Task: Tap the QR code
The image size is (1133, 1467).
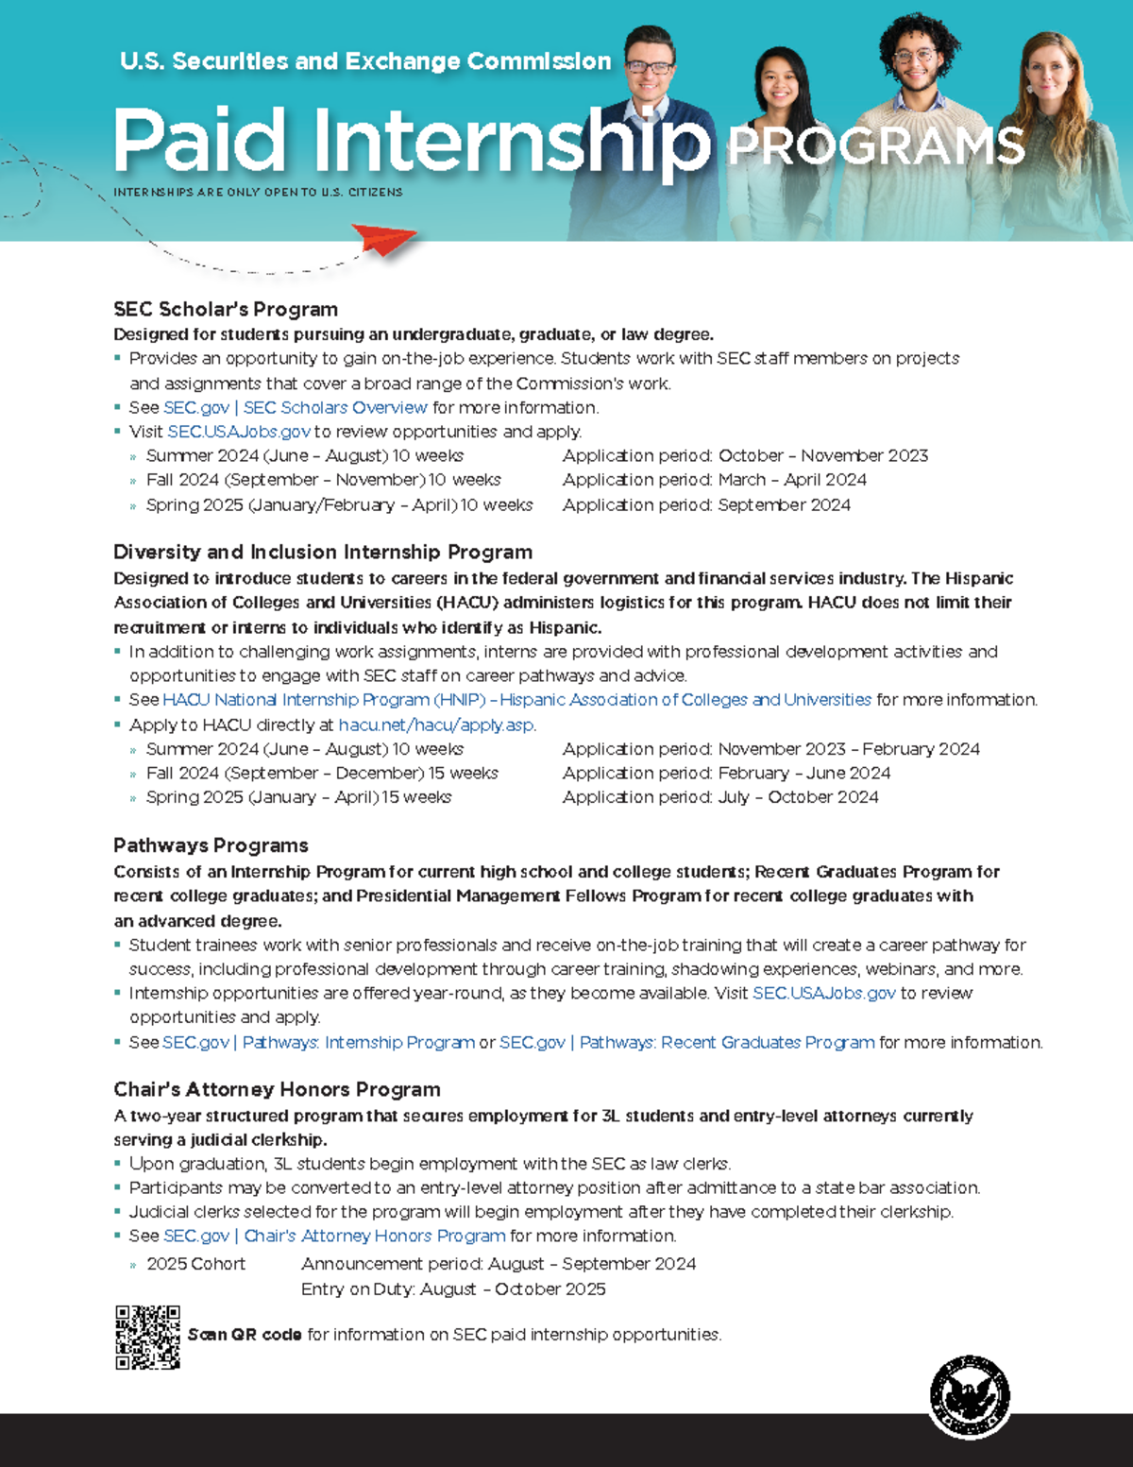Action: [147, 1338]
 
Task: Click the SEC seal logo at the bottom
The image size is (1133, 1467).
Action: [970, 1397]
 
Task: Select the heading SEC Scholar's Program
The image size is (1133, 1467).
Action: [226, 309]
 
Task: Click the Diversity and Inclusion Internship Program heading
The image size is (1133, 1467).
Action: [323, 552]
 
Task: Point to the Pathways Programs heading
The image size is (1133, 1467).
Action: [211, 845]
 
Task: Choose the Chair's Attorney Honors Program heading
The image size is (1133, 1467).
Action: [277, 1089]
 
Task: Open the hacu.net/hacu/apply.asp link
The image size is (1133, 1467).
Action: [437, 725]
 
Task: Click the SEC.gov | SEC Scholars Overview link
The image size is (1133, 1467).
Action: [296, 407]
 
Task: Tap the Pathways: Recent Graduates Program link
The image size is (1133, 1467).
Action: [686, 1042]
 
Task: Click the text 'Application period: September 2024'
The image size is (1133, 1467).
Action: [706, 504]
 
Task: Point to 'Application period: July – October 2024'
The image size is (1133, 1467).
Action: [720, 797]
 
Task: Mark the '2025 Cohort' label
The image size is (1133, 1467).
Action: [195, 1264]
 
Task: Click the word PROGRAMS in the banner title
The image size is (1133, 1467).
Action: [875, 147]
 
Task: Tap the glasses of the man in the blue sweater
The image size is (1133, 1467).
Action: [650, 67]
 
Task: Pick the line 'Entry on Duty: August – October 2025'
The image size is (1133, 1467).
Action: [453, 1289]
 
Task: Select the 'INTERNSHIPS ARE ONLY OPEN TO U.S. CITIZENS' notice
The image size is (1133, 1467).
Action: [258, 192]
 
